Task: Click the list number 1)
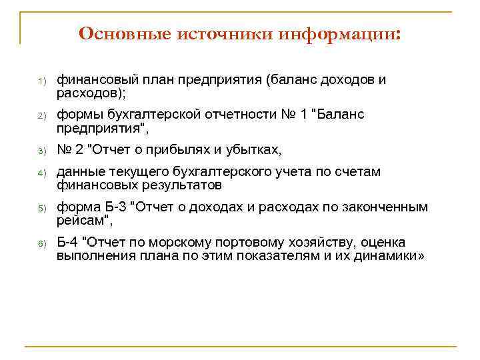point(40,81)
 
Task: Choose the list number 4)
point(40,173)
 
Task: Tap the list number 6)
point(40,243)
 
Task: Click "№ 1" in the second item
point(290,115)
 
